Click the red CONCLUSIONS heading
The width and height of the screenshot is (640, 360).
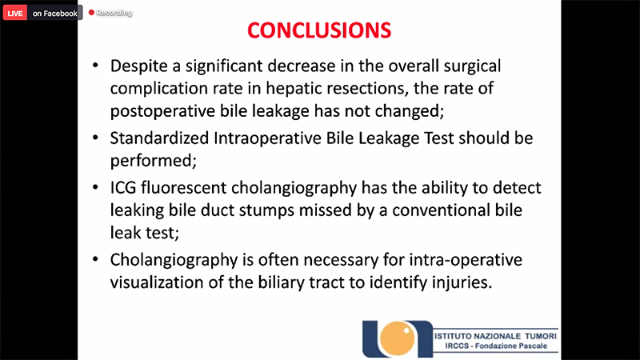319,30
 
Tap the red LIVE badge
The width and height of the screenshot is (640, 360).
15,13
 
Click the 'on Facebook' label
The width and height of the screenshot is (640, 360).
55,13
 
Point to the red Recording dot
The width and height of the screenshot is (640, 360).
91,13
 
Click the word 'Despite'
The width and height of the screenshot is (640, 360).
138,66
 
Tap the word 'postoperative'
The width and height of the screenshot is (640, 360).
162,111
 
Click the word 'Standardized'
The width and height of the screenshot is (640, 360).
159,138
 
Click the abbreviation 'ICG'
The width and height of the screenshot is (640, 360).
123,188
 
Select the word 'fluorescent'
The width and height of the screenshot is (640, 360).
184,188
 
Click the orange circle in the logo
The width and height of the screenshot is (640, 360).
397,338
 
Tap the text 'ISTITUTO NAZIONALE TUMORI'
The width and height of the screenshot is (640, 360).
495,336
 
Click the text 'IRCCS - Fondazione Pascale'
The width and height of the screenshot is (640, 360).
496,346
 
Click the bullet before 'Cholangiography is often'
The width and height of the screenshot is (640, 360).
95,259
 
